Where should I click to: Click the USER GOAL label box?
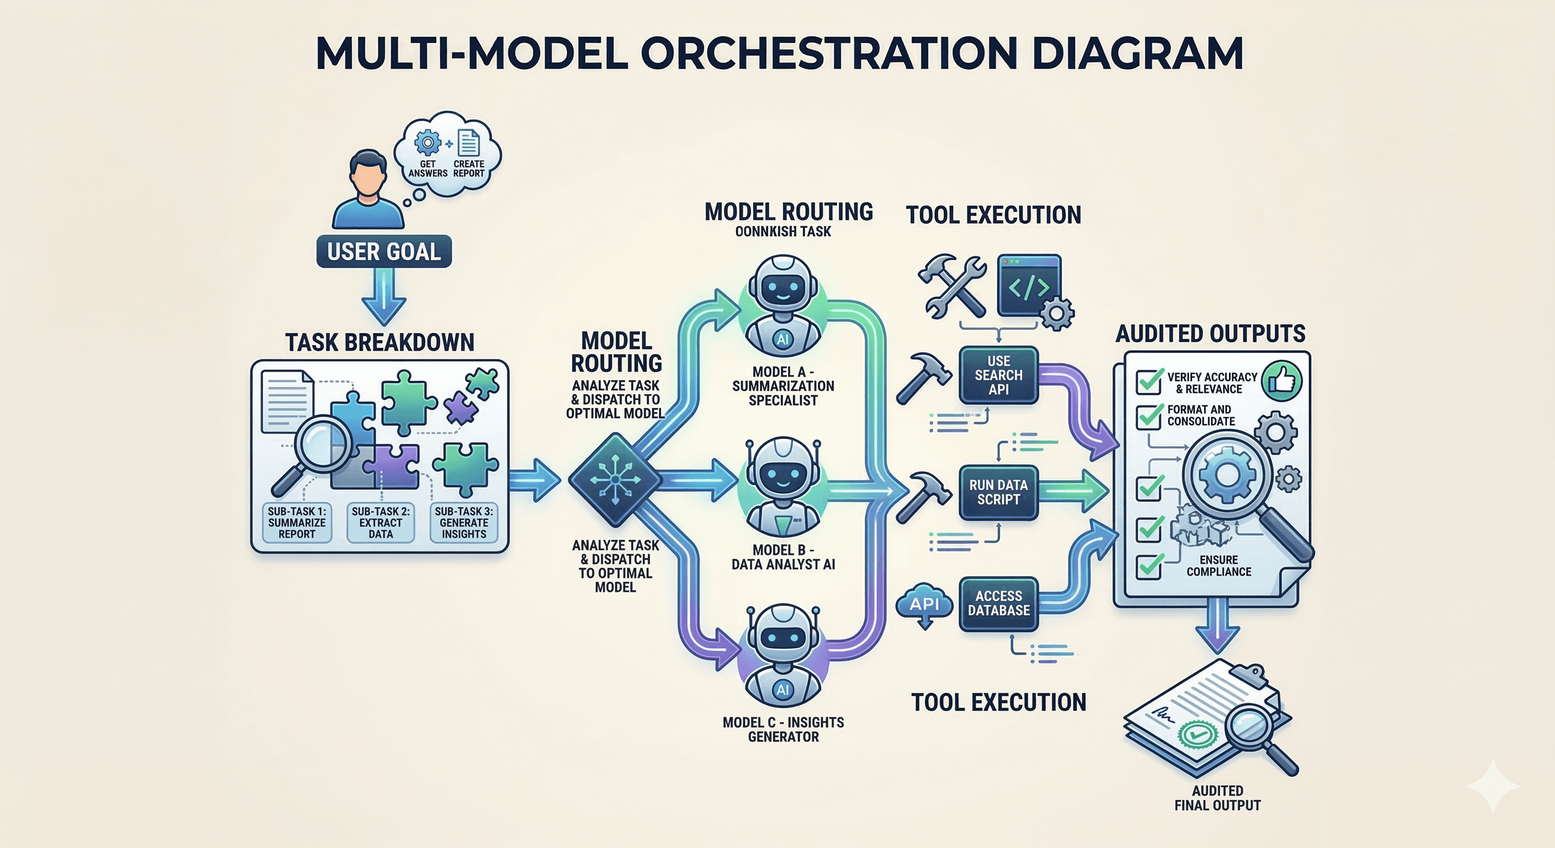click(x=384, y=251)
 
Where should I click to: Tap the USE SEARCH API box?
click(x=998, y=375)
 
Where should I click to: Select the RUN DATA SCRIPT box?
click(x=998, y=492)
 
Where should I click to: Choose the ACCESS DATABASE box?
click(x=998, y=603)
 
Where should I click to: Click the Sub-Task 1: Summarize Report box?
click(x=297, y=522)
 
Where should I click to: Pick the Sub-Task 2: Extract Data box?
click(x=380, y=522)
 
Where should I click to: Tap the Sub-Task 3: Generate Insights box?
click(x=464, y=522)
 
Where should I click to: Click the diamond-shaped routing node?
click(x=615, y=479)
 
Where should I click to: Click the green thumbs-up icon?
click(x=1282, y=381)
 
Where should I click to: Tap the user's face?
click(x=368, y=175)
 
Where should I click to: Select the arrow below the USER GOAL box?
click(x=384, y=296)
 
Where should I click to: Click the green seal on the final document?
click(x=1198, y=734)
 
